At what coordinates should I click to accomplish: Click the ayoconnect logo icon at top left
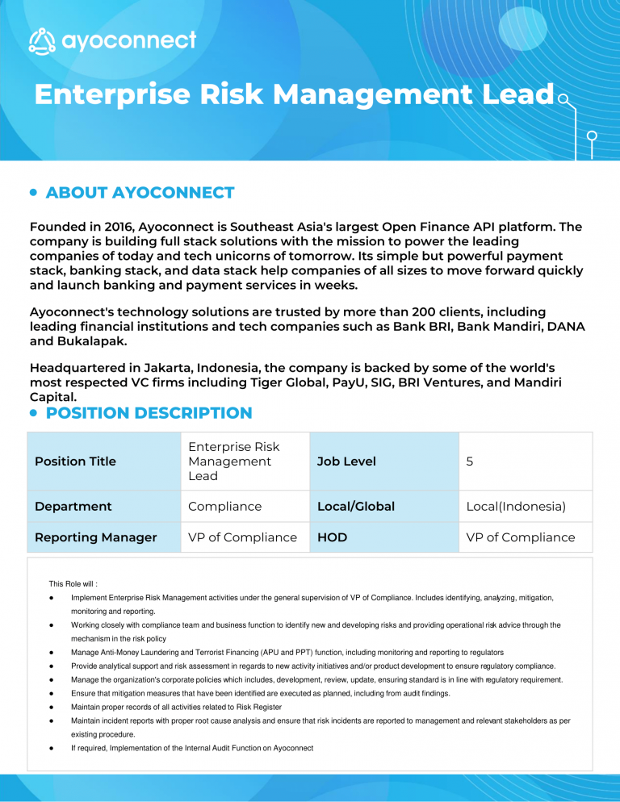tap(43, 40)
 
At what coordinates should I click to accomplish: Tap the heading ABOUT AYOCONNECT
tap(140, 193)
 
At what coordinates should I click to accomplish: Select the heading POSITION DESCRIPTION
tap(149, 413)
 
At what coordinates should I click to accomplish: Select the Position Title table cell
tap(76, 462)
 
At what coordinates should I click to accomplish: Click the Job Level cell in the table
tap(346, 462)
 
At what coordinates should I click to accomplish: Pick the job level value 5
tap(471, 462)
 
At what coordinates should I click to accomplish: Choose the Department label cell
tap(73, 507)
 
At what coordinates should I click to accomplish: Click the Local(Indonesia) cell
tap(516, 507)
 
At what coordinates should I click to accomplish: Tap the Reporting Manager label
tap(96, 537)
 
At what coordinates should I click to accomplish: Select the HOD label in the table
tap(333, 537)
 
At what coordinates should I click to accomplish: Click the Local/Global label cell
tap(356, 507)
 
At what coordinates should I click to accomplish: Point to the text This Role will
tap(73, 583)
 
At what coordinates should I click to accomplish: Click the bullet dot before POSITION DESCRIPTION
tap(33, 413)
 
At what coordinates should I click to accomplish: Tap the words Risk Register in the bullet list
tap(254, 707)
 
